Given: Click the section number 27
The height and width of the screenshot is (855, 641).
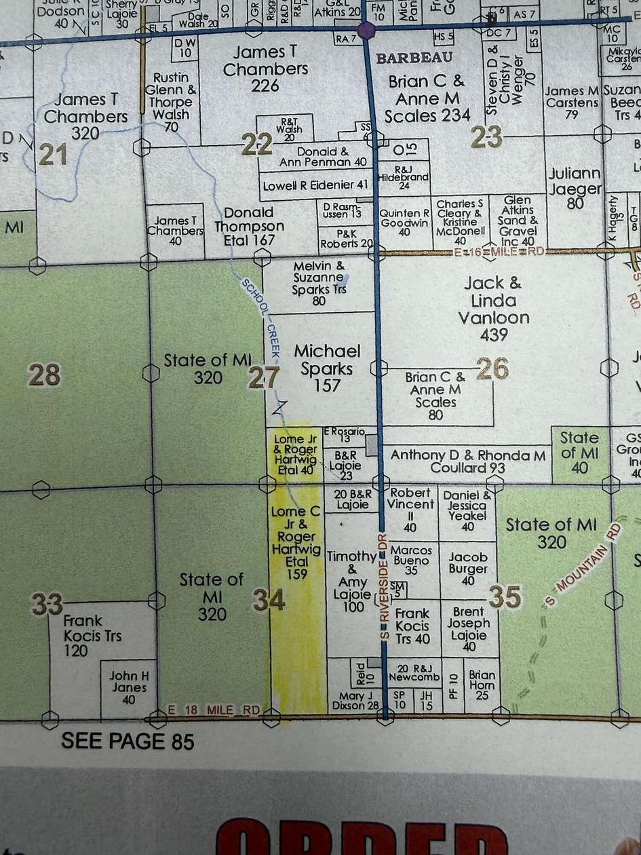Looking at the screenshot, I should click(x=263, y=377).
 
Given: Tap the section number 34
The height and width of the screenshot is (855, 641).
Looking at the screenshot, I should click(x=269, y=600).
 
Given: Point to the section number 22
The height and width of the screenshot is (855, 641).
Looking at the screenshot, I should click(x=258, y=143).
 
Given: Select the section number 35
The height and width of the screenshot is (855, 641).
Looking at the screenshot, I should click(x=505, y=597).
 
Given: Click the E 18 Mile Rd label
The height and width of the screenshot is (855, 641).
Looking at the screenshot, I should click(x=214, y=710).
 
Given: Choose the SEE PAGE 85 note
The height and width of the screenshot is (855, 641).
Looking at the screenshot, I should click(x=128, y=740).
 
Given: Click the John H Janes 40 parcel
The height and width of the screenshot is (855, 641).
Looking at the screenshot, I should click(x=129, y=687).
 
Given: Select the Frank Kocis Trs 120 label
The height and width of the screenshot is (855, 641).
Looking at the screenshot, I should click(x=83, y=635).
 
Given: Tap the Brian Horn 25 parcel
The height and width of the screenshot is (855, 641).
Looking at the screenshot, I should click(x=482, y=685).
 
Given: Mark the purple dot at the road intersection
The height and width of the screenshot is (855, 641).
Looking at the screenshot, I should click(x=367, y=30).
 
